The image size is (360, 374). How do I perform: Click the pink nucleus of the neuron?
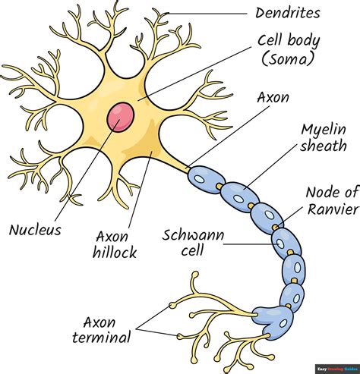[120, 117]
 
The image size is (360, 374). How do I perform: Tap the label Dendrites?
[288, 13]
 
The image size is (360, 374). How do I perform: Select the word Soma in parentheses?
[287, 60]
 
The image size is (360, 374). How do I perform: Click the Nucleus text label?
[35, 230]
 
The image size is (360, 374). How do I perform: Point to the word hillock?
[115, 252]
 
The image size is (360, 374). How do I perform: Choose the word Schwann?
[193, 235]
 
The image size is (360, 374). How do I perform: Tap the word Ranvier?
[333, 209]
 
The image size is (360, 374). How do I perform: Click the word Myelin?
[324, 130]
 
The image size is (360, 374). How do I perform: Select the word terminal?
[102, 337]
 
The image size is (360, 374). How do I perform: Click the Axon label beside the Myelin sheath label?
[273, 97]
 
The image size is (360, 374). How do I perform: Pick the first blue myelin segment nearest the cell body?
[207, 180]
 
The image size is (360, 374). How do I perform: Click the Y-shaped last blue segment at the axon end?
[273, 322]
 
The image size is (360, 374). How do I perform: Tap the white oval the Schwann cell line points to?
[280, 244]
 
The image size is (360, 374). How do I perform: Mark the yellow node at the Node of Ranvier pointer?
[276, 227]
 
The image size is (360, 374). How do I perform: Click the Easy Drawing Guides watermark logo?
[337, 369]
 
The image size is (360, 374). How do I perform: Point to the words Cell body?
[289, 42]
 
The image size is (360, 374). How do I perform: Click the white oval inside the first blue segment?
[200, 179]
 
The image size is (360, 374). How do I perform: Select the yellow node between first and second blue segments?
[219, 187]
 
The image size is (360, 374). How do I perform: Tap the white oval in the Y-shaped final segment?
[283, 323]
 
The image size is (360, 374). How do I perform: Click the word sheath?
[324, 146]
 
